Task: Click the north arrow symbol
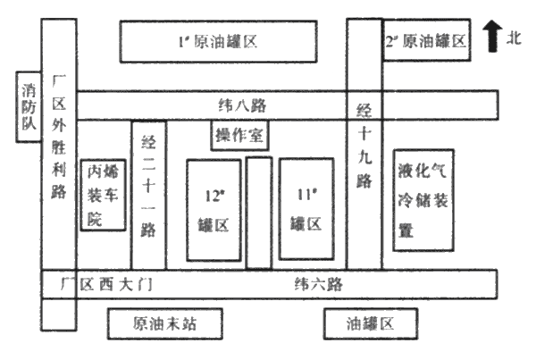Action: click(491, 36)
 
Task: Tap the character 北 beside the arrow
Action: click(513, 38)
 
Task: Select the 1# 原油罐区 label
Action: click(218, 41)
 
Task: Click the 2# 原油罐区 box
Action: click(426, 41)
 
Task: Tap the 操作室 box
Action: click(240, 135)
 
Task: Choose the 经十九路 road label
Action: click(364, 147)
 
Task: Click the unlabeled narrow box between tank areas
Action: click(259, 213)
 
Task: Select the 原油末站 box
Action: click(163, 323)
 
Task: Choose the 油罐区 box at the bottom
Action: click(371, 323)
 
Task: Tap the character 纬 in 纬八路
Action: click(226, 105)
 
